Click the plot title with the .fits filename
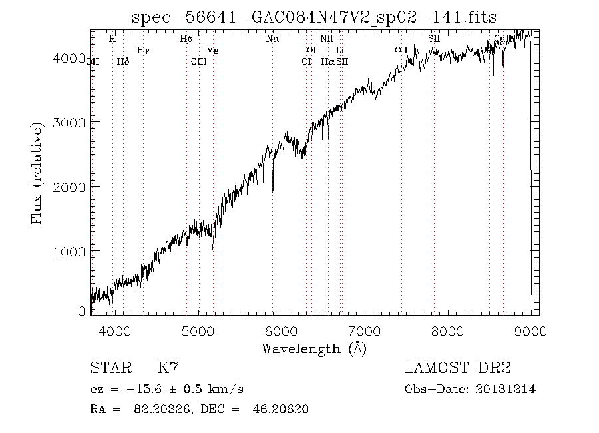point(314,17)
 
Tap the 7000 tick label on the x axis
point(365,331)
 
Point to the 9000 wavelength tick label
point(530,331)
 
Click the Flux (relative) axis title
point(38,173)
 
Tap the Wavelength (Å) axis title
point(314,348)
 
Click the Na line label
point(272,39)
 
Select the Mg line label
point(212,50)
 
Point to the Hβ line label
point(186,39)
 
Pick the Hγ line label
point(142,50)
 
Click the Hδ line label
point(122,61)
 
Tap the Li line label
point(340,50)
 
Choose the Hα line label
point(327,61)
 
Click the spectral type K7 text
point(168,368)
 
